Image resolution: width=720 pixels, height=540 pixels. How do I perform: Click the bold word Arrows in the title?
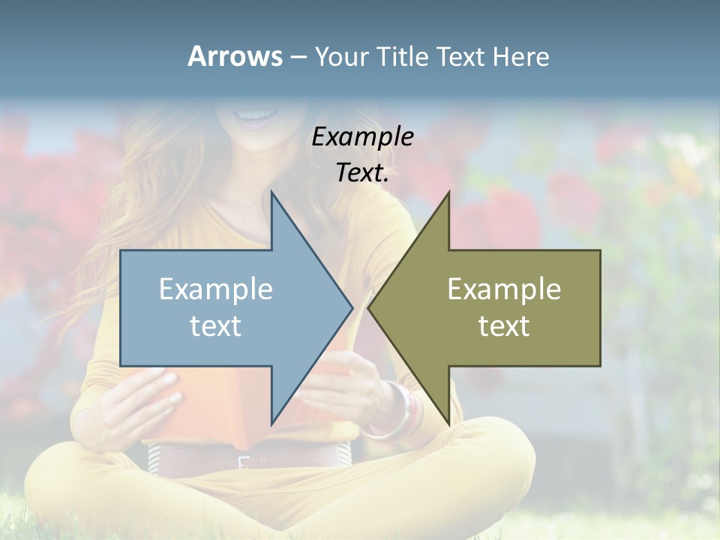click(x=235, y=56)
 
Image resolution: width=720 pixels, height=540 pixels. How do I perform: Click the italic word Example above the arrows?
click(x=362, y=136)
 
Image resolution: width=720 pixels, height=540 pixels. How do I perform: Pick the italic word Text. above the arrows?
click(x=362, y=172)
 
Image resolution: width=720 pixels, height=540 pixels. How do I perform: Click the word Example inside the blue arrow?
click(x=216, y=289)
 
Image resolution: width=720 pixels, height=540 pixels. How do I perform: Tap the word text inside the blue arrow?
click(x=216, y=326)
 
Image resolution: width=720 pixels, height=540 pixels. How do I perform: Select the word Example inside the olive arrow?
click(x=504, y=289)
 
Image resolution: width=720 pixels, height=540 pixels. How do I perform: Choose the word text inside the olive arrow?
click(x=504, y=326)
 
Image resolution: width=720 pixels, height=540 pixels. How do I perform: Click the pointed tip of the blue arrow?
click(x=351, y=307)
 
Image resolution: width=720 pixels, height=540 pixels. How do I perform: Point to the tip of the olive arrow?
click(x=370, y=307)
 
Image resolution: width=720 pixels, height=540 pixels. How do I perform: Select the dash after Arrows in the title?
click(x=298, y=58)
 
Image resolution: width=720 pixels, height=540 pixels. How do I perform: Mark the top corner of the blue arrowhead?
click(x=272, y=193)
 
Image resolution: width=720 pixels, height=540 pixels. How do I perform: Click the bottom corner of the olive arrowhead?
click(x=448, y=423)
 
